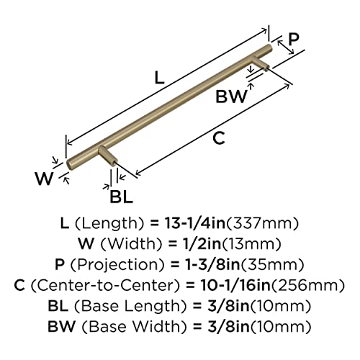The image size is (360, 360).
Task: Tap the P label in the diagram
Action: coord(294,41)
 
